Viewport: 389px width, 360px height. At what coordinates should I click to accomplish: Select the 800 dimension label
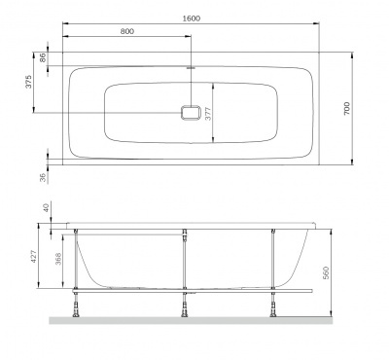(x=127, y=32)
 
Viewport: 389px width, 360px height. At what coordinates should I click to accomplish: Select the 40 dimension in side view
(x=45, y=207)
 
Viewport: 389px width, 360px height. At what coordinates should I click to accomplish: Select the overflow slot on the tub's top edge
(x=192, y=69)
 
